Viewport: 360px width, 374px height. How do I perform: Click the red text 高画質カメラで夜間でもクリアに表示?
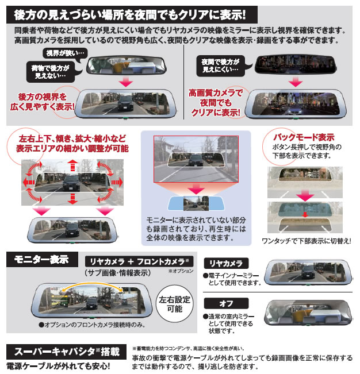coord(216,102)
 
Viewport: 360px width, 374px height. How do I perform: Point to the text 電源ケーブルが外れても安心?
coord(58,365)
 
